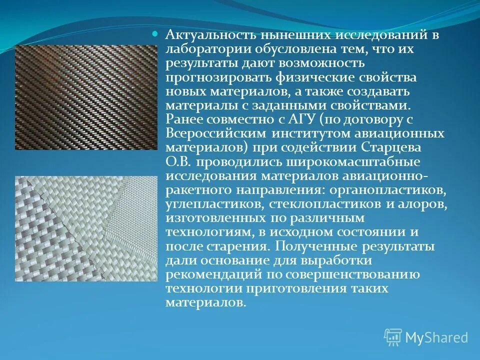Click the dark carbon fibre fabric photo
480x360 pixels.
click(86, 97)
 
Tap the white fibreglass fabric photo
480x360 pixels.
click(86, 228)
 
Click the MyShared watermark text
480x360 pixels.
click(436, 337)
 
